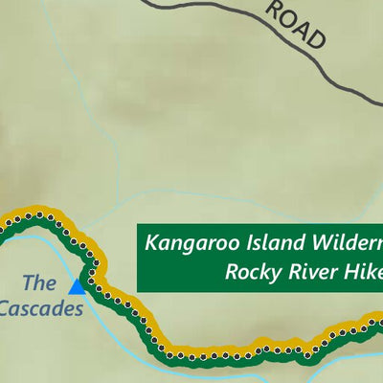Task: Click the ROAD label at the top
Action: click(x=296, y=25)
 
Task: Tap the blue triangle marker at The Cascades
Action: click(x=77, y=285)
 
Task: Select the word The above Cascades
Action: click(x=39, y=283)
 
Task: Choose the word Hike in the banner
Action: click(x=361, y=272)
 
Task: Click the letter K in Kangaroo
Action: click(x=152, y=242)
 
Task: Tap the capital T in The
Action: click(x=27, y=283)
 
